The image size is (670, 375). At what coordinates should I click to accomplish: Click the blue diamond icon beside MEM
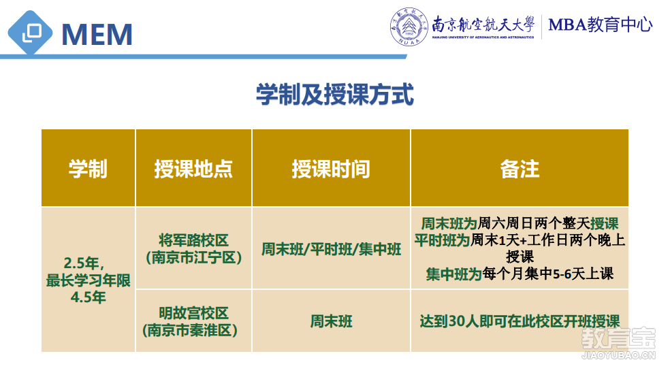(x=30, y=33)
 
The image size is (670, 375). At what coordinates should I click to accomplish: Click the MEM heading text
(x=97, y=34)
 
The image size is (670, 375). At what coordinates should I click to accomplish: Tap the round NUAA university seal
(x=409, y=27)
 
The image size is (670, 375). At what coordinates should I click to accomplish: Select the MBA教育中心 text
(x=601, y=25)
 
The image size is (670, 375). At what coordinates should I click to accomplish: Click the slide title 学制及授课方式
(x=335, y=95)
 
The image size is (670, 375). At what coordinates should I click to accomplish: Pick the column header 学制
(x=88, y=169)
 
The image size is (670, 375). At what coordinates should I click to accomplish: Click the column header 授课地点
(x=193, y=169)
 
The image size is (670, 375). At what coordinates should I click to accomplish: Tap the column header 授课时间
(x=331, y=169)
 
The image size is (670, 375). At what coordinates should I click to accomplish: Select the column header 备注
(x=520, y=169)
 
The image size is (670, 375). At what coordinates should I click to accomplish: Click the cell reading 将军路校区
(x=193, y=240)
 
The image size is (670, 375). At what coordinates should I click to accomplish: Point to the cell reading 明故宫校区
(x=193, y=313)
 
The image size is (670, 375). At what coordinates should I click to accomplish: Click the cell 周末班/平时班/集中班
(x=331, y=249)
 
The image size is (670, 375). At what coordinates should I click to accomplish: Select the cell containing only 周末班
(x=331, y=321)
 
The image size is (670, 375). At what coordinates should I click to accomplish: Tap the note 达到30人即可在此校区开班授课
(x=520, y=321)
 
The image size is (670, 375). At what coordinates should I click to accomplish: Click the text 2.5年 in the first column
(x=84, y=263)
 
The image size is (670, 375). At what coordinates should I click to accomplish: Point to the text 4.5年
(x=88, y=297)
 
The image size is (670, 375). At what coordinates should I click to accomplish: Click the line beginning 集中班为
(x=520, y=274)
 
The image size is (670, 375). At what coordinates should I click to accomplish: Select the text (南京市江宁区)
(x=193, y=257)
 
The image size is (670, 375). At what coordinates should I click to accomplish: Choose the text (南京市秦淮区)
(x=190, y=330)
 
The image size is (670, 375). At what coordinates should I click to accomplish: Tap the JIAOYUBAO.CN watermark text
(x=618, y=355)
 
